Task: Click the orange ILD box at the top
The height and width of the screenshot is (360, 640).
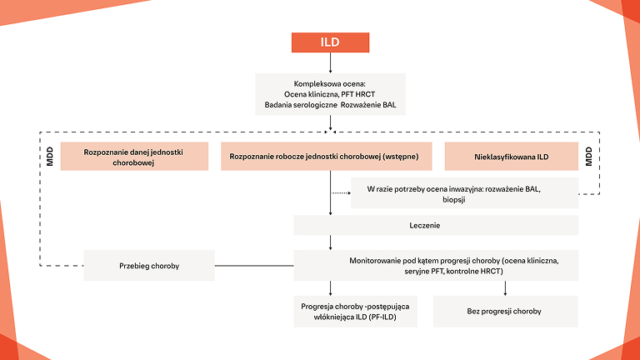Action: click(330, 42)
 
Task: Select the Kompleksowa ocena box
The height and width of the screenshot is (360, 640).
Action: click(330, 94)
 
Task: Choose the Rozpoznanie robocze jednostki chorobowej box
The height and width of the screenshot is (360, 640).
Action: click(330, 157)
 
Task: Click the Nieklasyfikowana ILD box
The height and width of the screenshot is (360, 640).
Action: click(510, 157)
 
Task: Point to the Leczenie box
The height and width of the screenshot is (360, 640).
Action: click(435, 225)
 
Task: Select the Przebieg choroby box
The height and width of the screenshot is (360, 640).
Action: click(149, 266)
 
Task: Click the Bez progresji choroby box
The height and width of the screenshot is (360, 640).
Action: click(505, 311)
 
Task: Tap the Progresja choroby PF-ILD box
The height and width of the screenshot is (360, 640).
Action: click(355, 312)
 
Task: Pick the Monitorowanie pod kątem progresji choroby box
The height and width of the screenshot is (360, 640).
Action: click(435, 266)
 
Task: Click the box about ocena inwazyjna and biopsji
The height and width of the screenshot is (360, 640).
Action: click(463, 194)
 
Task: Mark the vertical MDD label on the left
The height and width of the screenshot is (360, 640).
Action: click(50, 157)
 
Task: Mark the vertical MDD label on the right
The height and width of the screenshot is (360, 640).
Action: click(588, 157)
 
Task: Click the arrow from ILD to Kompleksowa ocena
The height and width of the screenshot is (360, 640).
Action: click(331, 62)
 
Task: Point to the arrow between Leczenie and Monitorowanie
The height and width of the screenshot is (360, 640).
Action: click(331, 242)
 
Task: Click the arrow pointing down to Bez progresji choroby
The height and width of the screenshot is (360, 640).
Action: click(505, 288)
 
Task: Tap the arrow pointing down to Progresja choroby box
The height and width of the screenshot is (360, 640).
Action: click(331, 288)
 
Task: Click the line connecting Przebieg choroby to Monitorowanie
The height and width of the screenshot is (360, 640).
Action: click(254, 266)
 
